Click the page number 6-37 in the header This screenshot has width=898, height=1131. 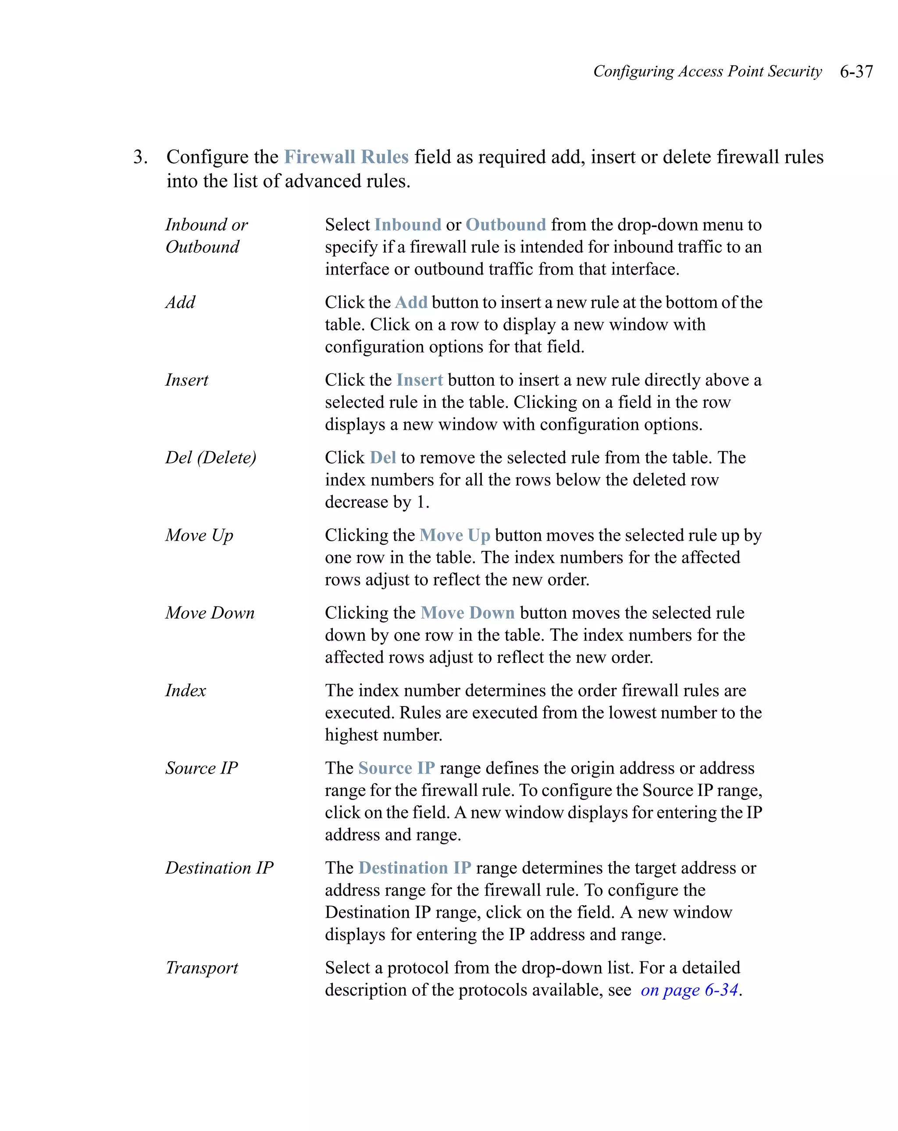point(856,71)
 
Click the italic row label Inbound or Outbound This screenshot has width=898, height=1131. point(206,235)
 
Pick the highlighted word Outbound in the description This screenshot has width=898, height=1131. point(506,225)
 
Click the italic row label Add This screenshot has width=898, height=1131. point(180,302)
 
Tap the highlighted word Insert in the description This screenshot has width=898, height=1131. point(420,380)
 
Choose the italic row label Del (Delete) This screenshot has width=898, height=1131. point(211,457)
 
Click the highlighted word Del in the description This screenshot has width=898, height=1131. point(383,457)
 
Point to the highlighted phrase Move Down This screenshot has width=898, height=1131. point(467,613)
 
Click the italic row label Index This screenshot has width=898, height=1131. point(185,690)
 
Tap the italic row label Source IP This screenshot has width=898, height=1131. point(201,768)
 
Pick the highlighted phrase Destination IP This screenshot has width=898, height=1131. point(415,868)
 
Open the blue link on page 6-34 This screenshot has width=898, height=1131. point(689,990)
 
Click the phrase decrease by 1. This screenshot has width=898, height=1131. point(377,502)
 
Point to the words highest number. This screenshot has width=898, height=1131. point(383,735)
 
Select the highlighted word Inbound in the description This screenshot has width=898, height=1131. point(407,225)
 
